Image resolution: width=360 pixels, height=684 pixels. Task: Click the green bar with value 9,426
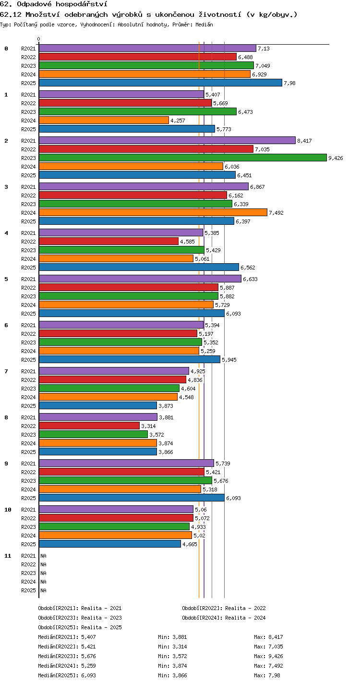click(183, 158)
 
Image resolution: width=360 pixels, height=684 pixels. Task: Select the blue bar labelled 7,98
click(160, 83)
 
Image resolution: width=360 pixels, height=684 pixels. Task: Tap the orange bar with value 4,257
click(104, 120)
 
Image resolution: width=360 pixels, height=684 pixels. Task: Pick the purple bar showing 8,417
click(167, 140)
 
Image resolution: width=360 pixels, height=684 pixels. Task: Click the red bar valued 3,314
click(89, 426)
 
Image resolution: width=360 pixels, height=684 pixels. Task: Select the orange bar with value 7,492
click(153, 212)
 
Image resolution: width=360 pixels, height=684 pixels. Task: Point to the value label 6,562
click(248, 268)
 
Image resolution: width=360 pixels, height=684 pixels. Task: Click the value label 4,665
click(190, 544)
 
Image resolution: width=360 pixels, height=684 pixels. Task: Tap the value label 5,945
click(229, 360)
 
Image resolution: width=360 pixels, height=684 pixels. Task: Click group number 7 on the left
click(6, 371)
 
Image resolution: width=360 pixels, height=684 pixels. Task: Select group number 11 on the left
click(8, 556)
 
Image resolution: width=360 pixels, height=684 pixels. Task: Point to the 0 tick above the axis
click(39, 39)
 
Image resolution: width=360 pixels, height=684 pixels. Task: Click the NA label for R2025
click(43, 590)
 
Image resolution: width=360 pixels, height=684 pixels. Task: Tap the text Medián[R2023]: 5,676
click(67, 656)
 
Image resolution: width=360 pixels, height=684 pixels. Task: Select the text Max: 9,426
click(268, 656)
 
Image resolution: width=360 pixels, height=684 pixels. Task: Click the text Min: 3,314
click(172, 647)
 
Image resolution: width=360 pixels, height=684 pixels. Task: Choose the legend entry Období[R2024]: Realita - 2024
click(224, 618)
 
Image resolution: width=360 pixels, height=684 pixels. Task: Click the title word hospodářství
click(82, 4)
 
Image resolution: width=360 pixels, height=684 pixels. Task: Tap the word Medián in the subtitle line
click(204, 24)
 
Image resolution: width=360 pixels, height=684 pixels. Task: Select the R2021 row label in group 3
click(28, 187)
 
